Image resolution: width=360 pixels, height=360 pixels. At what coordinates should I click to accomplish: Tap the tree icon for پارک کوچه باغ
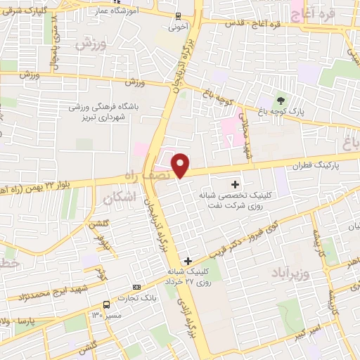coord(281,100)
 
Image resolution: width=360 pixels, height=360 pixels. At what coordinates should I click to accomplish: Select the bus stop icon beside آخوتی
coord(177,16)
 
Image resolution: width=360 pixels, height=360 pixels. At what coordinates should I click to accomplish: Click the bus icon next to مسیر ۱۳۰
coord(106,305)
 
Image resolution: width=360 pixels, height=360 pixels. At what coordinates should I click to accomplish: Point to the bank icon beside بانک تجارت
coord(136,287)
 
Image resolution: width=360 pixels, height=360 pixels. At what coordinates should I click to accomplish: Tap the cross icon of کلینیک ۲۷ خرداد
coord(187,261)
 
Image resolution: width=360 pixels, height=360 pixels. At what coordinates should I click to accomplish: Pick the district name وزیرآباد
coord(288,271)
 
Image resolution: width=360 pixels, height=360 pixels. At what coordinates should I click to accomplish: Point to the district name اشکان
coord(117,200)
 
